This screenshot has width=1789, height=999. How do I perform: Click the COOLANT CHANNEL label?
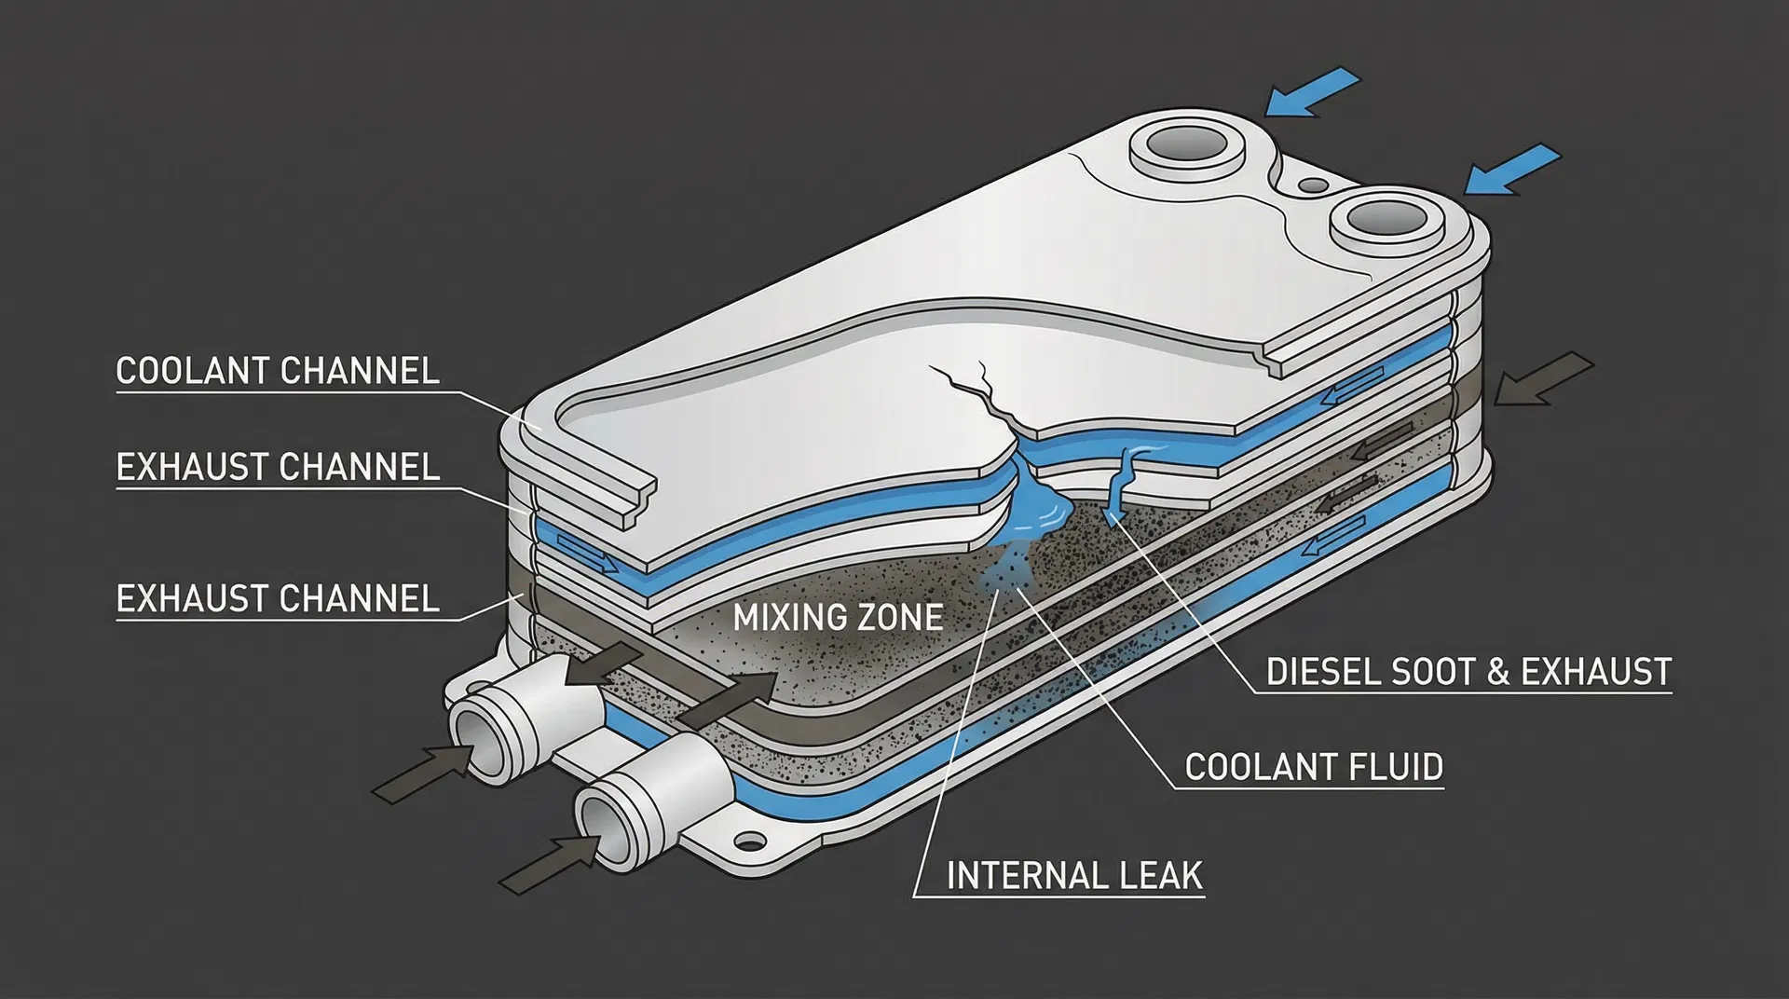point(277,371)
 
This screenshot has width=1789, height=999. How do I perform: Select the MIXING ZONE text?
point(838,617)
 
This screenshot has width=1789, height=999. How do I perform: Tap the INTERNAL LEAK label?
point(1074,876)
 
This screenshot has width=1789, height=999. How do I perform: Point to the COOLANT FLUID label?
point(1314,767)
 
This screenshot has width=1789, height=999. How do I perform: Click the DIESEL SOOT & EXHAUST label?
point(1468,672)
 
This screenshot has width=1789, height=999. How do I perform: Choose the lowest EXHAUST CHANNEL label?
point(277,598)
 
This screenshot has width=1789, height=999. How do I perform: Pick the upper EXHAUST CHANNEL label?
point(277,467)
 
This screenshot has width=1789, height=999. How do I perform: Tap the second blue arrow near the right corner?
point(1512,169)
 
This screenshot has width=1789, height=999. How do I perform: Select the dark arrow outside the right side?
point(1543,378)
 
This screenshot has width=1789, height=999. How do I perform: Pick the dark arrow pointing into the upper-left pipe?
point(425,771)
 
